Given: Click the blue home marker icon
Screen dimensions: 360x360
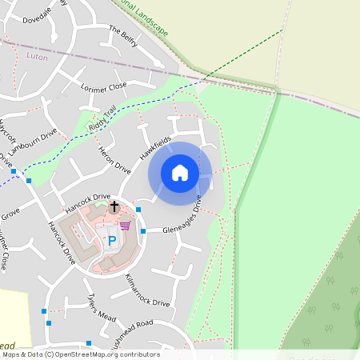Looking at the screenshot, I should coord(180,173).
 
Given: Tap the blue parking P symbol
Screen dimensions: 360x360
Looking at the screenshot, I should coord(112,239).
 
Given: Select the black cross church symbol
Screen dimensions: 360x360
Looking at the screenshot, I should coord(114,206).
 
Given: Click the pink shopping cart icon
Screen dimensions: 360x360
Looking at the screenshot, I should coord(125,225).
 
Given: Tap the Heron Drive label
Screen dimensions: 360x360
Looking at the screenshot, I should coord(114,160).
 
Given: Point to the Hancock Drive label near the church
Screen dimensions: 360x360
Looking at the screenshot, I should coord(90,197).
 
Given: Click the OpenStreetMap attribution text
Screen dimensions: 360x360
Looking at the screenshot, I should coord(80,354).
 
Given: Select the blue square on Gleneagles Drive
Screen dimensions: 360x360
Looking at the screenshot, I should coord(143,231).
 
